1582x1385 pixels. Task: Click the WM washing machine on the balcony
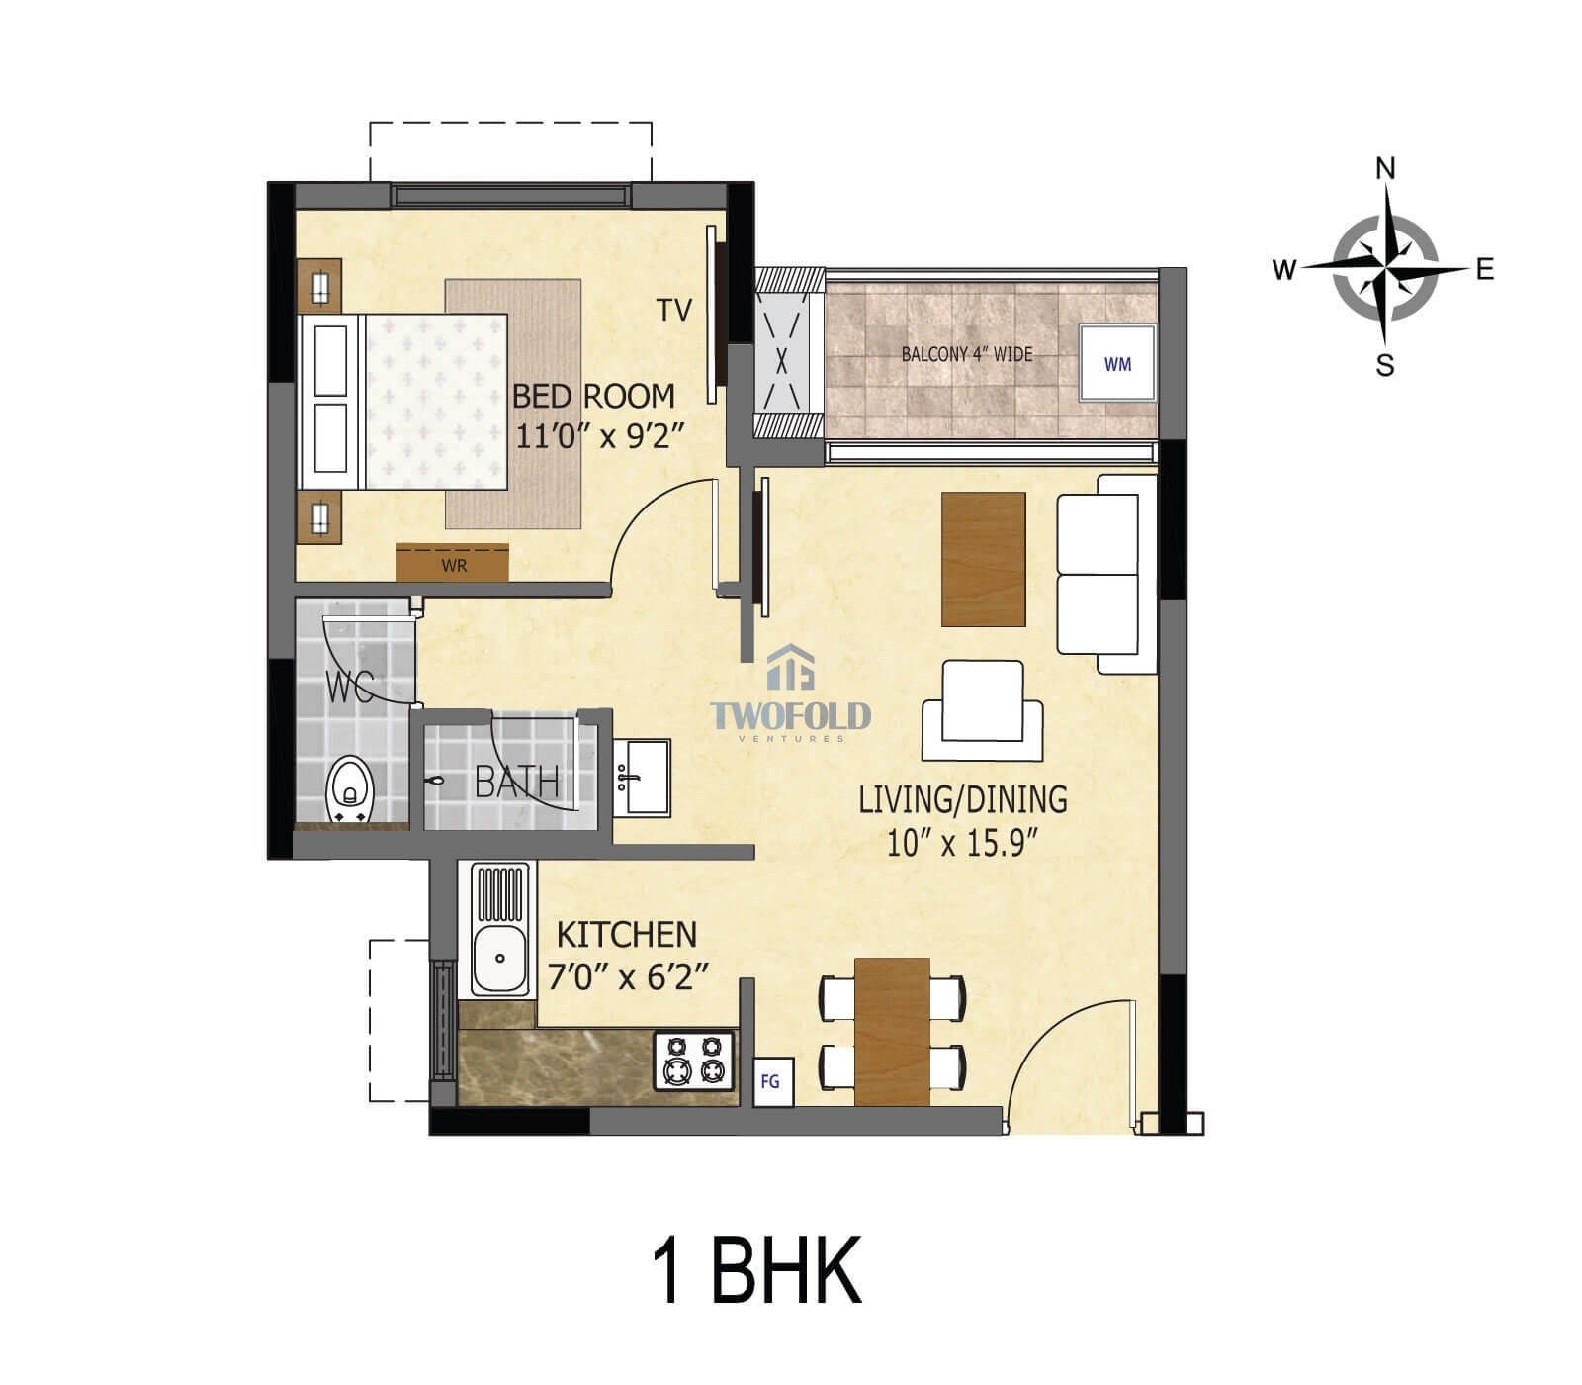(1117, 363)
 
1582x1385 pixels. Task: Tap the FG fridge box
(770, 1081)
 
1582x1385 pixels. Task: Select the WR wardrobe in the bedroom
(453, 564)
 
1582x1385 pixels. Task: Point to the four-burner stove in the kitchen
(694, 1060)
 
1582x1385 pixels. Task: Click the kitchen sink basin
(500, 958)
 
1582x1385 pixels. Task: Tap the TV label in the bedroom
(674, 311)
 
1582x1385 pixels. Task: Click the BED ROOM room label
(593, 396)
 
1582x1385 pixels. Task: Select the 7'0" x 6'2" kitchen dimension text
(628, 977)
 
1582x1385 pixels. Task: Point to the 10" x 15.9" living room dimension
(962, 844)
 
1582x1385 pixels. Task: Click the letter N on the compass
(1386, 169)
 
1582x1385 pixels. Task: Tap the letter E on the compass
(1484, 269)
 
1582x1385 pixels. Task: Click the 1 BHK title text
(756, 1270)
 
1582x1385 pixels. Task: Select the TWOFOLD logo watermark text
(791, 715)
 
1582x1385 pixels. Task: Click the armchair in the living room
(982, 710)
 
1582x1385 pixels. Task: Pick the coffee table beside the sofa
(983, 559)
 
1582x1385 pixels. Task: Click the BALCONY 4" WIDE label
(966, 354)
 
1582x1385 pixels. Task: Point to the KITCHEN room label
(627, 934)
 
